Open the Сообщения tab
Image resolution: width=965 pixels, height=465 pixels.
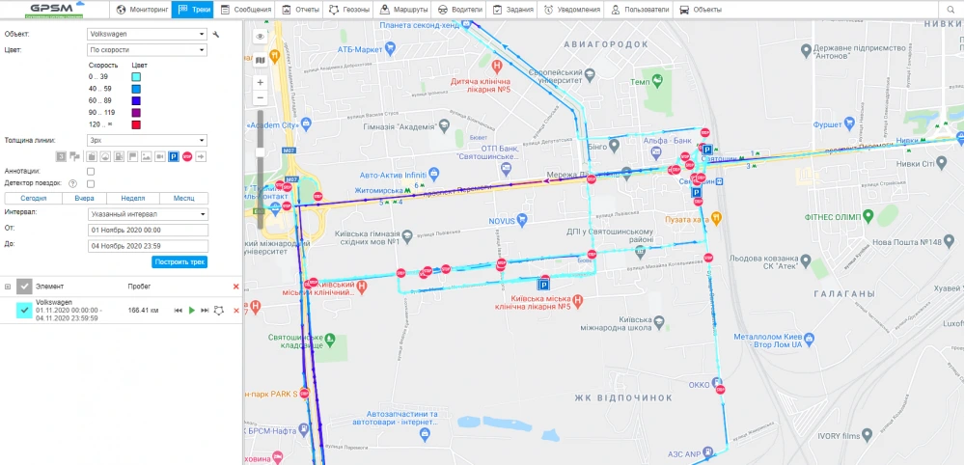pyautogui.click(x=246, y=10)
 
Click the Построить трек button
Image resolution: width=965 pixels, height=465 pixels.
pyautogui.click(x=179, y=262)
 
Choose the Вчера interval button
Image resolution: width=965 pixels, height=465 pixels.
pyautogui.click(x=84, y=198)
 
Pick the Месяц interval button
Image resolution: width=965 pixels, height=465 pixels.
pyautogui.click(x=183, y=198)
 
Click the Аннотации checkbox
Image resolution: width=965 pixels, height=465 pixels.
pyautogui.click(x=91, y=171)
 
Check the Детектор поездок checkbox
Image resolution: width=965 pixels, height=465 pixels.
pyautogui.click(x=91, y=183)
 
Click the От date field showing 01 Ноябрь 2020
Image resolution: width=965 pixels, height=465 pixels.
pyautogui.click(x=148, y=231)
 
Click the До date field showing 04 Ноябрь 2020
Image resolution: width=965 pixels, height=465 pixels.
pyautogui.click(x=148, y=245)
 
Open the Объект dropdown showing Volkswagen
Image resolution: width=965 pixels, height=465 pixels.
pyautogui.click(x=148, y=34)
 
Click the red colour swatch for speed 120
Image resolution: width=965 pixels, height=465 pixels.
pyautogui.click(x=137, y=125)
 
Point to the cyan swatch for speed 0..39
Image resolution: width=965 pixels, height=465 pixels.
pyautogui.click(x=137, y=75)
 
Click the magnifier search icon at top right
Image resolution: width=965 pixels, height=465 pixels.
pyautogui.click(x=952, y=10)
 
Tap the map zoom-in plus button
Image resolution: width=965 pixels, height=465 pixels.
pyautogui.click(x=261, y=83)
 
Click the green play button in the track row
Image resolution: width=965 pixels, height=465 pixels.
pyautogui.click(x=192, y=310)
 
